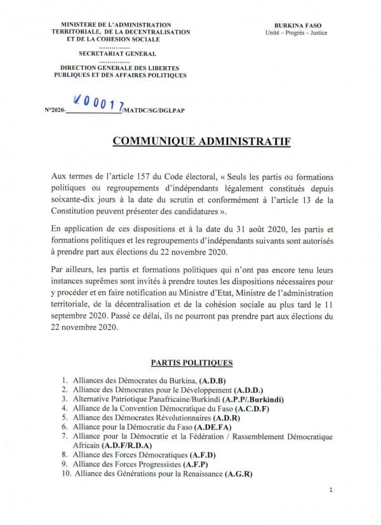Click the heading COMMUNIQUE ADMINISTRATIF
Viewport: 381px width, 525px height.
point(201,140)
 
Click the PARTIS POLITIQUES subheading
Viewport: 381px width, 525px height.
point(191,363)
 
